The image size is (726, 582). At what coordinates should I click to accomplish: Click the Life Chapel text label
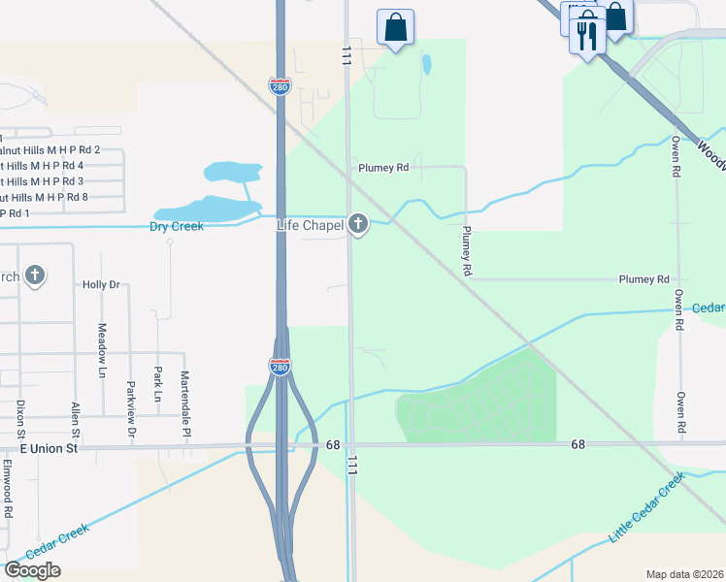click(310, 225)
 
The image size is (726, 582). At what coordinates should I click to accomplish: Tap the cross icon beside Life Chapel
click(358, 225)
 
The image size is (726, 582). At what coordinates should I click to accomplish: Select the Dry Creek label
click(177, 227)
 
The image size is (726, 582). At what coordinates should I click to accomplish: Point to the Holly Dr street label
click(100, 285)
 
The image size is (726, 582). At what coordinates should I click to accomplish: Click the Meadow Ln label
click(102, 343)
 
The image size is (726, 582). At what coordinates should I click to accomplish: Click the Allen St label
click(75, 420)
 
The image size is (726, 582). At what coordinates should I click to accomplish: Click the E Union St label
click(48, 449)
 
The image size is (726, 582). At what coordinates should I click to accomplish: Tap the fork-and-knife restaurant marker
click(585, 37)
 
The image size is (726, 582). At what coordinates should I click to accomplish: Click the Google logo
click(32, 570)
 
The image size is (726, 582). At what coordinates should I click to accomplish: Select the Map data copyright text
click(685, 574)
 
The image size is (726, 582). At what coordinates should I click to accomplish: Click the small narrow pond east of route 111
click(426, 65)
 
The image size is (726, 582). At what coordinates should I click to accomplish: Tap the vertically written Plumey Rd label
click(467, 250)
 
